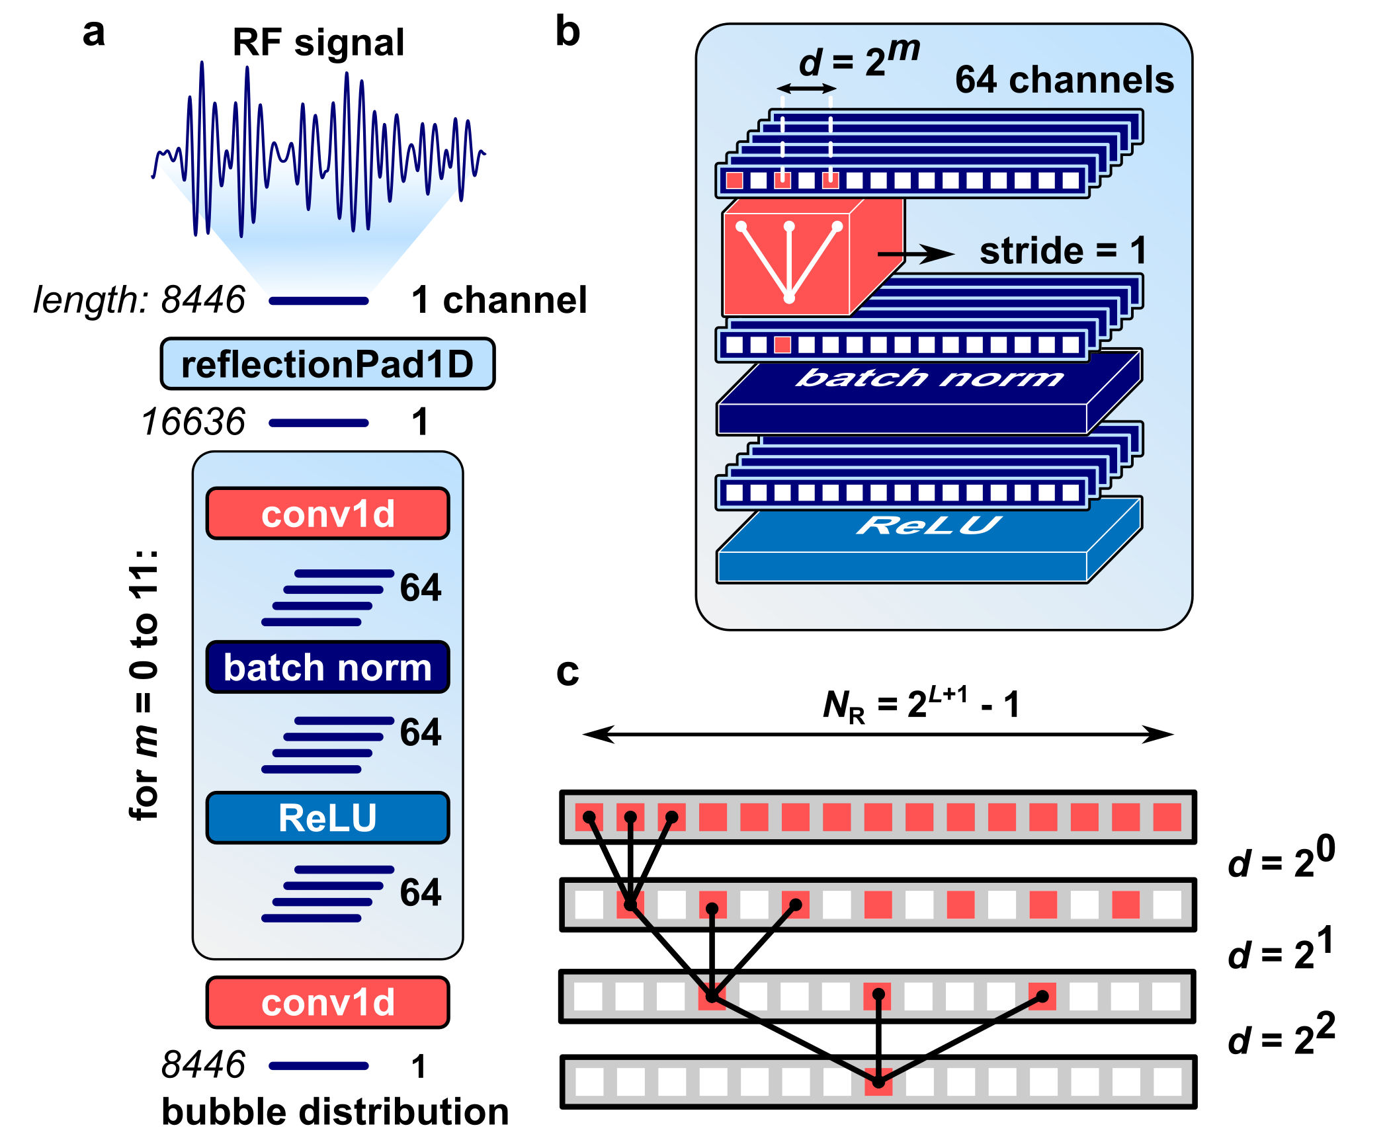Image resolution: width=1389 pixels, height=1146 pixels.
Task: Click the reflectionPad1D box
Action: tap(327, 364)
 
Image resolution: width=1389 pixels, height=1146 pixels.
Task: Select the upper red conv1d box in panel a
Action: tap(327, 514)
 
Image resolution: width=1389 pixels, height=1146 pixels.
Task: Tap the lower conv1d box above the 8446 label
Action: tap(327, 1002)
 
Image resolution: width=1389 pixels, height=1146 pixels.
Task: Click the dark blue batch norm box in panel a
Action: tap(327, 667)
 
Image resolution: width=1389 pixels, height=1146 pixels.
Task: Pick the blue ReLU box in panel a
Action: tap(327, 817)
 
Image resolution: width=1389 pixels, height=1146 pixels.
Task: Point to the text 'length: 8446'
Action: tap(139, 300)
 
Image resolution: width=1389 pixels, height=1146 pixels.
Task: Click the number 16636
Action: tap(193, 421)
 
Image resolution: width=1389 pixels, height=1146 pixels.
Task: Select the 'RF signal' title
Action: tap(318, 42)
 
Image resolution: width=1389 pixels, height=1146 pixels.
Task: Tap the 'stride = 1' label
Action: tap(1062, 251)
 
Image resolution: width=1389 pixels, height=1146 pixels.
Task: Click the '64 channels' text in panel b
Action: tap(1064, 79)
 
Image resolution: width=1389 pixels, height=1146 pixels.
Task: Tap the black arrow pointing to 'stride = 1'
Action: tap(915, 253)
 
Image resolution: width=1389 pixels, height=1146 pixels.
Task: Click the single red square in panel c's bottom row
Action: tap(878, 1082)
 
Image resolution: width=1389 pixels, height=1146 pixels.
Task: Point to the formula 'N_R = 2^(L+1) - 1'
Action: tap(921, 704)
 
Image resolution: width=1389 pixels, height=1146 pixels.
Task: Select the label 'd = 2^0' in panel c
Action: tap(1281, 858)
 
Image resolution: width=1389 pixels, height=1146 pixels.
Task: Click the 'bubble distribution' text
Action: tap(335, 1112)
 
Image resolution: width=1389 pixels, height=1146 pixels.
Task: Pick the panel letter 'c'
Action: tap(568, 673)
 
